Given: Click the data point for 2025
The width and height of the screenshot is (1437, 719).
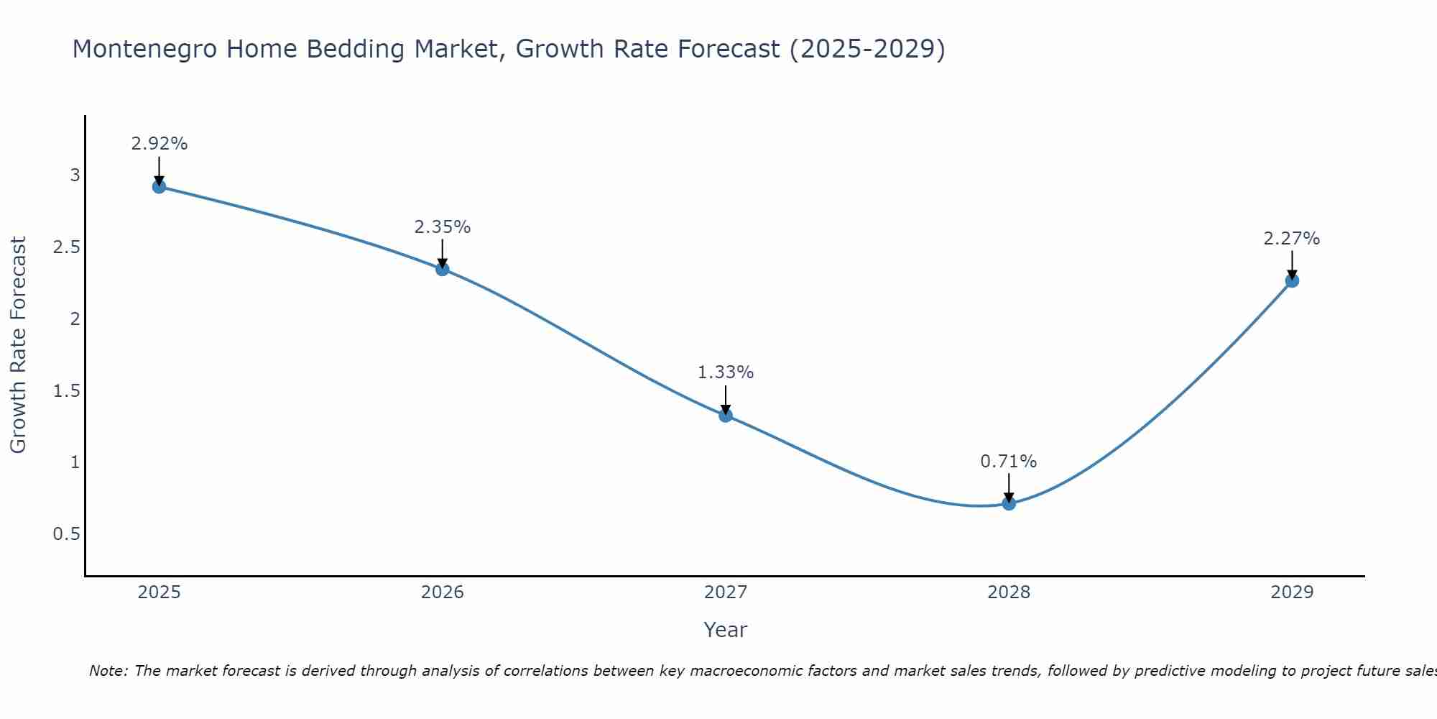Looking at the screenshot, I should click(160, 187).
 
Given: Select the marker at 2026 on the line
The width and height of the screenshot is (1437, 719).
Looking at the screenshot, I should click(443, 269).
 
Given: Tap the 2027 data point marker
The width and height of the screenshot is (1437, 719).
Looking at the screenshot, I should click(726, 415).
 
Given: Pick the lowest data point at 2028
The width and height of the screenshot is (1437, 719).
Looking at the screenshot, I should click(1009, 503).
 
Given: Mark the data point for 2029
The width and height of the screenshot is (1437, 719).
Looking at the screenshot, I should click(1292, 280).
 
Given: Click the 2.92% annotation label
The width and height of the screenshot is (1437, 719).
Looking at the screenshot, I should click(160, 144).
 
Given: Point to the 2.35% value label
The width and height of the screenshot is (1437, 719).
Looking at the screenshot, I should click(443, 227).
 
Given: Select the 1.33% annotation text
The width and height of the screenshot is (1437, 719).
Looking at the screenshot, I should click(726, 372).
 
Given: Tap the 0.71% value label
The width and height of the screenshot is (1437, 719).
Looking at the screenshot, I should click(1009, 462).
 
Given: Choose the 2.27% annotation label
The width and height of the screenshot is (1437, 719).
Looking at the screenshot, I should click(1292, 239).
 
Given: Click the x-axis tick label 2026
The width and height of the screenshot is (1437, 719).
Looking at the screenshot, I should click(443, 592).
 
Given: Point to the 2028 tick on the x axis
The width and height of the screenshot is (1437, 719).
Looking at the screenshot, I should click(1009, 592).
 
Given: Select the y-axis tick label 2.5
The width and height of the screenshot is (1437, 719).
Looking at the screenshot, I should click(67, 247).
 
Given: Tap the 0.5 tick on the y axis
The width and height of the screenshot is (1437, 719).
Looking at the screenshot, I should click(67, 534).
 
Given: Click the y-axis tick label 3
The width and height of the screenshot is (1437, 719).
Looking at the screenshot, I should click(75, 175).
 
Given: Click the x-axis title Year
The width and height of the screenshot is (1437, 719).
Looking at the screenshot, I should click(726, 630).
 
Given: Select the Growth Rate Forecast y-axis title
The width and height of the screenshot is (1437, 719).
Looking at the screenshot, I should click(19, 345).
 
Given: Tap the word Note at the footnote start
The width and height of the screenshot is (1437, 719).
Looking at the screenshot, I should click(108, 671).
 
